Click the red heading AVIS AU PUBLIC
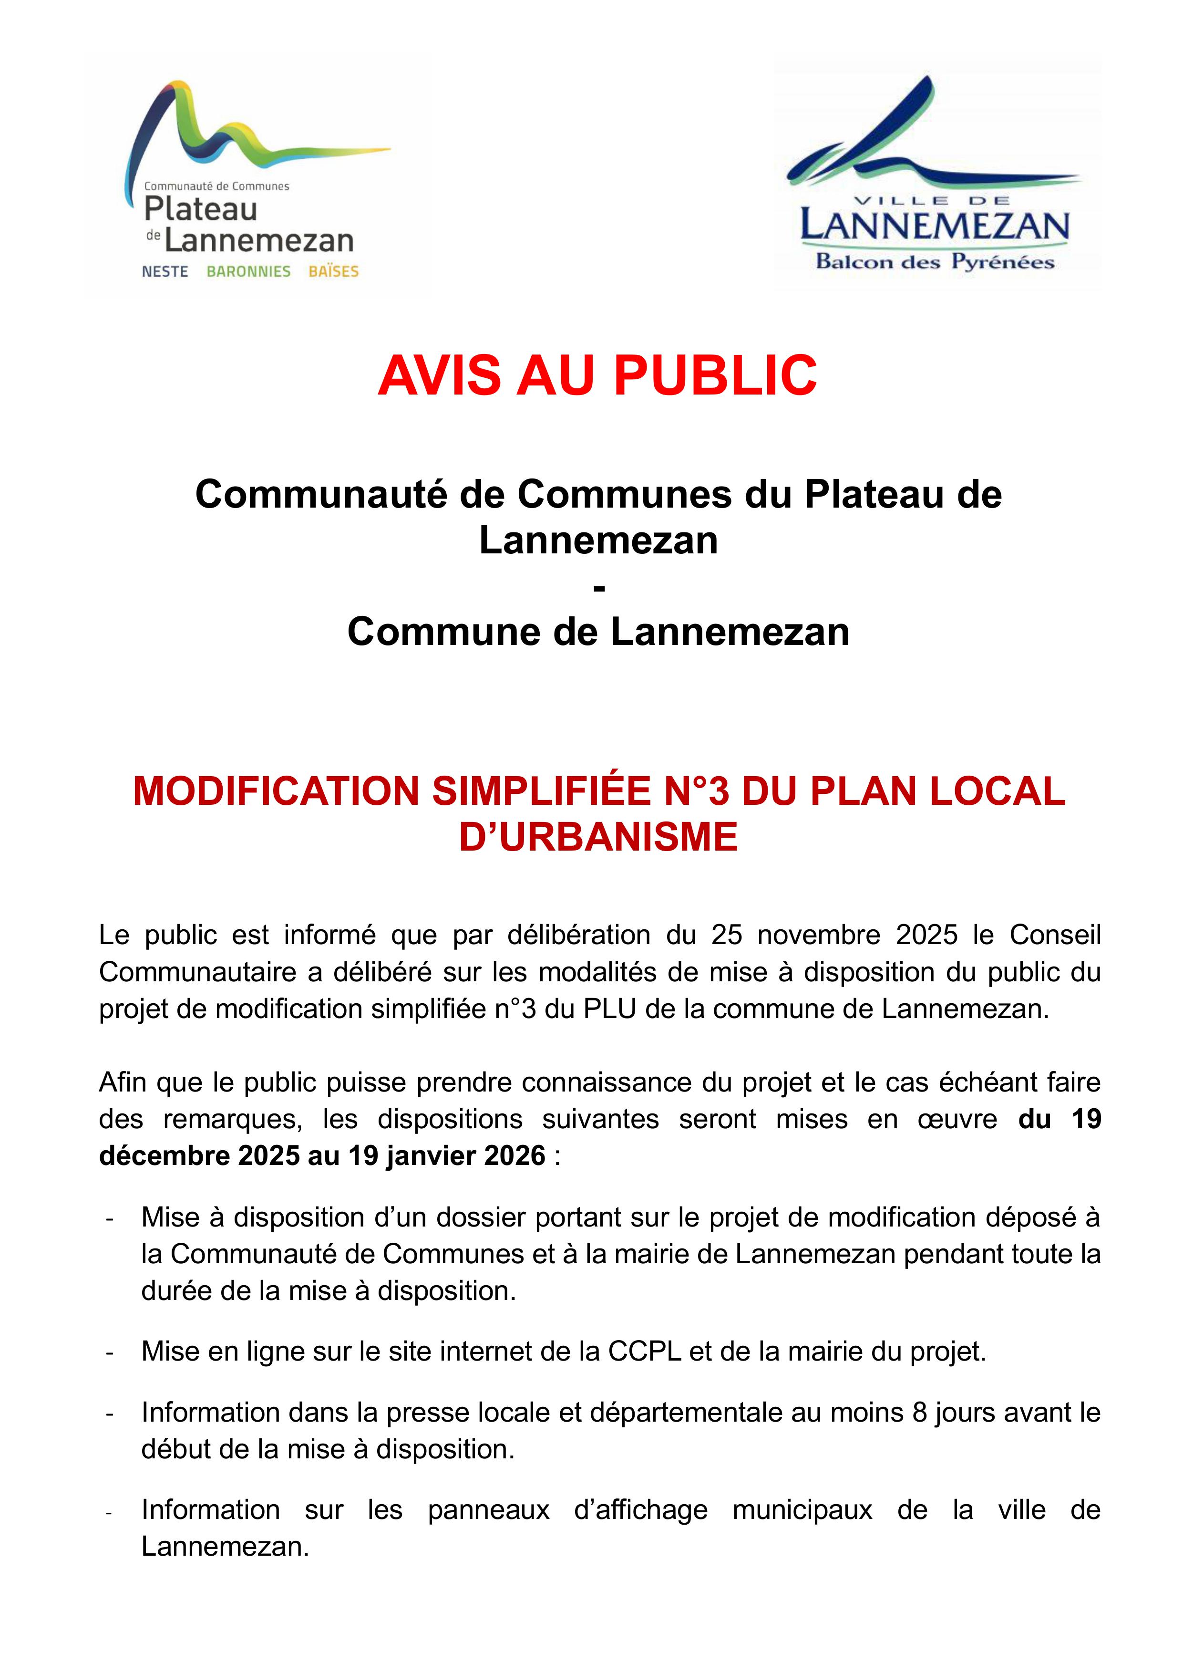pos(597,376)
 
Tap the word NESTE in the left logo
pos(165,272)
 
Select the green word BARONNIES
pos(248,272)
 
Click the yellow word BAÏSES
pos(333,272)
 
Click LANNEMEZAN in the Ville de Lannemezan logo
pos(935,227)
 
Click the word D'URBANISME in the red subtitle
pos(597,837)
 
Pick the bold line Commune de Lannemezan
pos(597,632)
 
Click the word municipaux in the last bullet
pos(802,1509)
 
